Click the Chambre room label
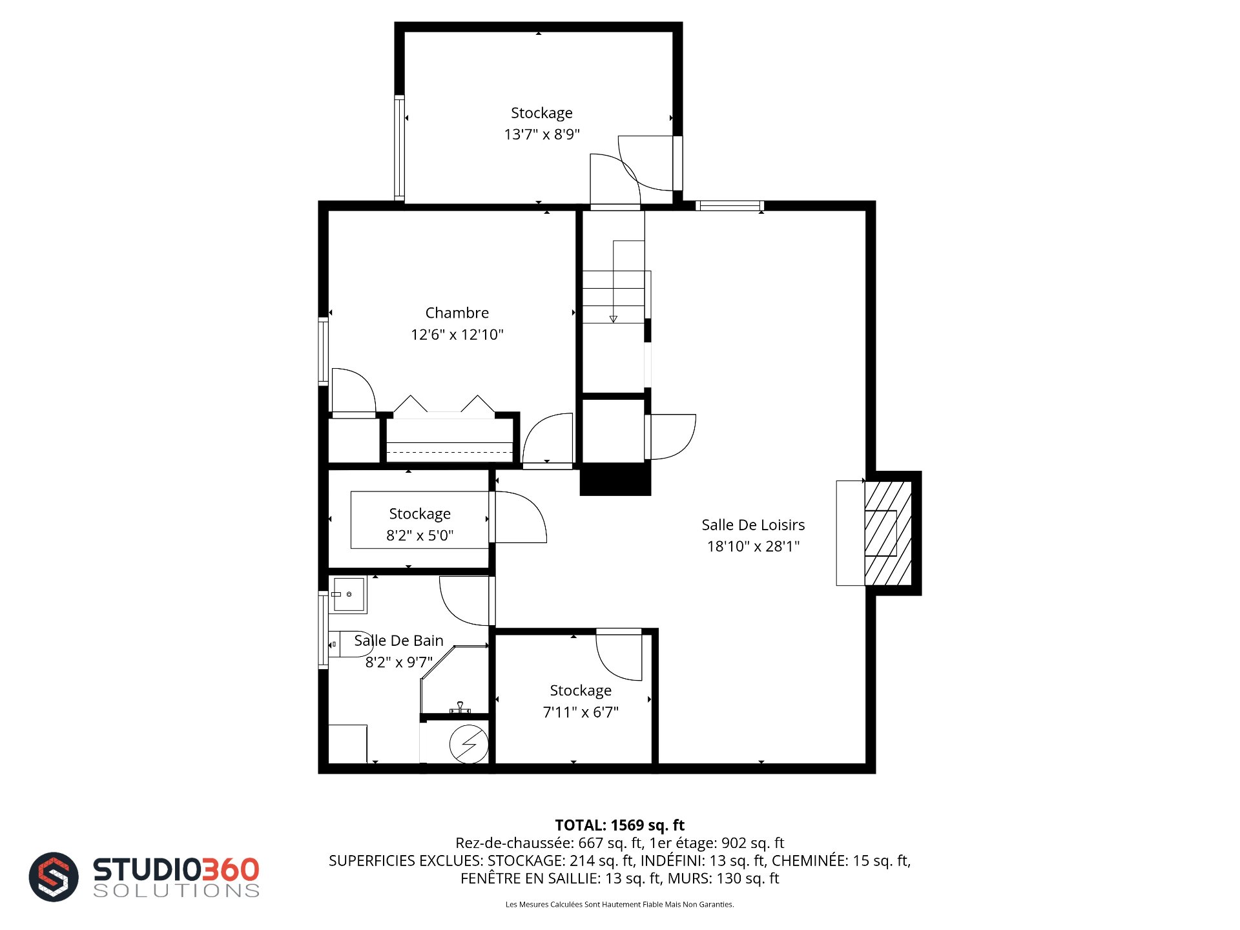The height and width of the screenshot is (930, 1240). pos(457,313)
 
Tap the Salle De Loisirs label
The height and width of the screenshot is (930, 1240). pos(753,525)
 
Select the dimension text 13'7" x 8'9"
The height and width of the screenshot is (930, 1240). pos(542,134)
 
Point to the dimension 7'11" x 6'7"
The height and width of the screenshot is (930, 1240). pos(581,712)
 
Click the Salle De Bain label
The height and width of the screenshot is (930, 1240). pos(398,641)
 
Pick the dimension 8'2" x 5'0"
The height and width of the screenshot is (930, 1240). pos(420,535)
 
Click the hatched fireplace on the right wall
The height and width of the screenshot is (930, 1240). pos(888,533)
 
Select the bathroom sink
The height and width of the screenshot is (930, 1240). pos(348,594)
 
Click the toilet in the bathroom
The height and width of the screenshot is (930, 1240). pos(349,644)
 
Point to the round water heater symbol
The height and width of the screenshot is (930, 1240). pos(469,744)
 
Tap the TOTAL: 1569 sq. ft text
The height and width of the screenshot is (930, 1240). pos(620,825)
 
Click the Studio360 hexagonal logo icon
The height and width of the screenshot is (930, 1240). pos(54,876)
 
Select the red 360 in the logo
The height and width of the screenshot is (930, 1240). pos(231,869)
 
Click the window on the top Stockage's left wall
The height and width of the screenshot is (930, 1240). pos(400,148)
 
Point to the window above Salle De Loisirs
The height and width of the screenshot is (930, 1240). pos(730,206)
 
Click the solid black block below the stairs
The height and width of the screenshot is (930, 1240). pos(615,479)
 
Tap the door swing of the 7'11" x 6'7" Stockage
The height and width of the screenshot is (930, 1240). pos(619,654)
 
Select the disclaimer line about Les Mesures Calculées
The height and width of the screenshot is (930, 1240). pos(620,904)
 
